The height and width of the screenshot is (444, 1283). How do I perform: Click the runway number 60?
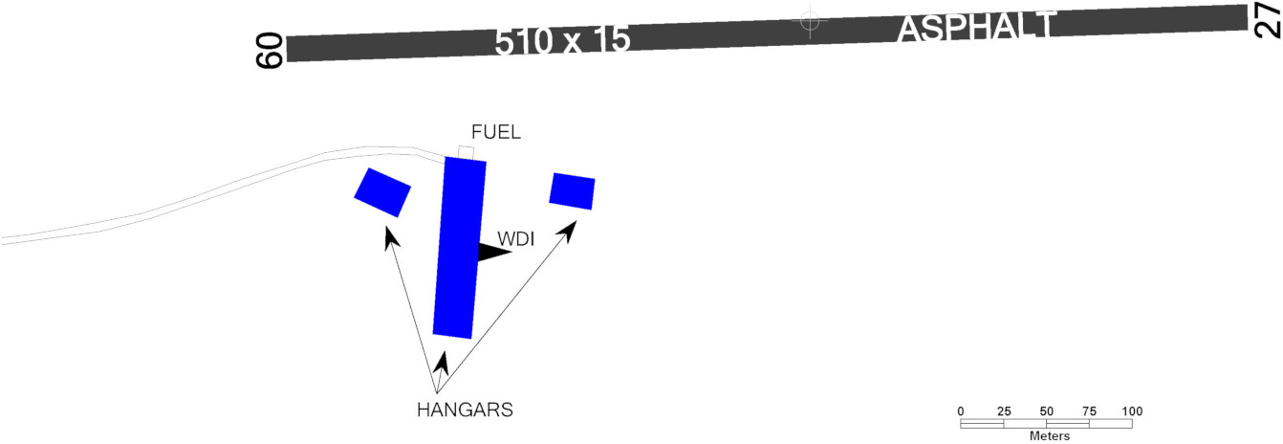click(270, 51)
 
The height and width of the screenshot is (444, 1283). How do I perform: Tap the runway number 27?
click(1268, 19)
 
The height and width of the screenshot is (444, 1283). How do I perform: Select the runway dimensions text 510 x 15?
click(562, 41)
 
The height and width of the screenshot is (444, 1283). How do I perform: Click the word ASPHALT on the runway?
click(976, 27)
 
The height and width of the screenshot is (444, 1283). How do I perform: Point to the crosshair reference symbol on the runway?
click(810, 21)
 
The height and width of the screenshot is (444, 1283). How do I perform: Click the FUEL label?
click(496, 132)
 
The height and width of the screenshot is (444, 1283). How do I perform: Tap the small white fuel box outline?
click(467, 153)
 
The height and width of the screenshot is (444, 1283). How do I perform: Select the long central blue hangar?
click(459, 248)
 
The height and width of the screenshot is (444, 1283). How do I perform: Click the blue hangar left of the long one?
click(382, 192)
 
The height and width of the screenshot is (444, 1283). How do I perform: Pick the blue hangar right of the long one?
click(572, 191)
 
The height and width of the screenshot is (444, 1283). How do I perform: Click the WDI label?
click(516, 238)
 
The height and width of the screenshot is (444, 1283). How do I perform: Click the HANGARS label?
click(465, 410)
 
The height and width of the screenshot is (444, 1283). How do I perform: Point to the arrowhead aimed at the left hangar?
click(391, 237)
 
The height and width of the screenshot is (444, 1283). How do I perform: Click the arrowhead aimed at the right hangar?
click(568, 231)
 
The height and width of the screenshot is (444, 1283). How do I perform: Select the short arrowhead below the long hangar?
click(441, 363)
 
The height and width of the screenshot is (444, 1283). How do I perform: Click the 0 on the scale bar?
click(961, 411)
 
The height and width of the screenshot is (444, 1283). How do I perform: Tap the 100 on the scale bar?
click(1132, 411)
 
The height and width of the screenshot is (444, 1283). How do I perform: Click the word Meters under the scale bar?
click(1050, 436)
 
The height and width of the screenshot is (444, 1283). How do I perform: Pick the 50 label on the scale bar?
click(1047, 411)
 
